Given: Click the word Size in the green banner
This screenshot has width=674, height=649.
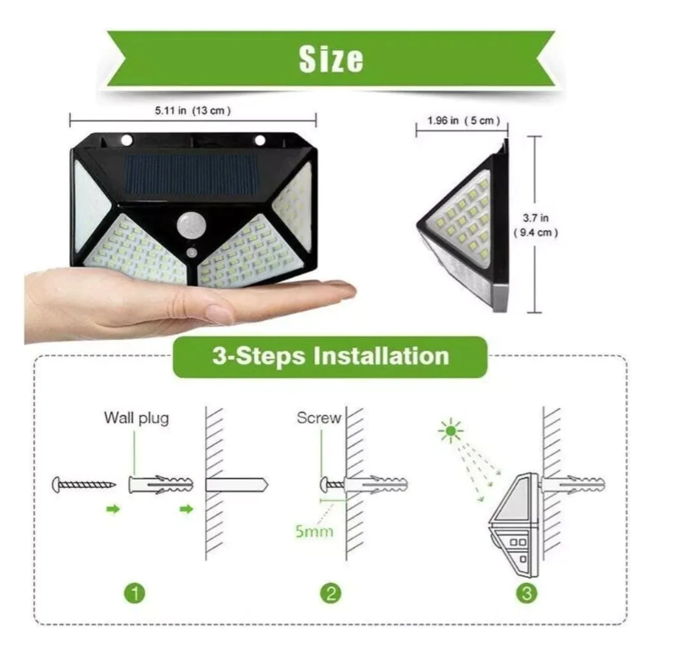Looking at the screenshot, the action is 331,59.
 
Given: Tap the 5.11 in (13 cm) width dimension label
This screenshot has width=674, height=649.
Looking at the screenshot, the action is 192,110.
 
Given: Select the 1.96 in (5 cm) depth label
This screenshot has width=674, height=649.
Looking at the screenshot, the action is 463,120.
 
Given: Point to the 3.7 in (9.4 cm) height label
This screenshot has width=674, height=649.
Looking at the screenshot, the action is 536,225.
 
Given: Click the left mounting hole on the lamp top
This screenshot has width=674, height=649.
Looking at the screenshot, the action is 127,140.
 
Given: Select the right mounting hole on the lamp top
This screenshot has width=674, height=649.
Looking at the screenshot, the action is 260,140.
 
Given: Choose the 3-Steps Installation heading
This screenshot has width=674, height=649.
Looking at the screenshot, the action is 330,356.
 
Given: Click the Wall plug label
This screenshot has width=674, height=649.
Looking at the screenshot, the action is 136,418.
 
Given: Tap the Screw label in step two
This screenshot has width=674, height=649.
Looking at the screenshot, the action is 318,418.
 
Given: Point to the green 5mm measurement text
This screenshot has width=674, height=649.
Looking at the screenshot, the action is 314,531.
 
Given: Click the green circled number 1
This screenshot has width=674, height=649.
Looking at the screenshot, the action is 135,593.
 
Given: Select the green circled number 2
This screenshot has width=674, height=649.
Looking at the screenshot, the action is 331,593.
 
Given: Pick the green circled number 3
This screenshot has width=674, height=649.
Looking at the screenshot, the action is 527,593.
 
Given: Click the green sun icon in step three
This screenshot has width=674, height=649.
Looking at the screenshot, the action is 451,430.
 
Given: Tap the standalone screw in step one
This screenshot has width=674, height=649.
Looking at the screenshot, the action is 84,485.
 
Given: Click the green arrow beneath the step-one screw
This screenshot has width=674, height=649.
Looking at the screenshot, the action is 113,509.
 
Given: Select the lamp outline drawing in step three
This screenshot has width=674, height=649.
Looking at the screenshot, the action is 514,525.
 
